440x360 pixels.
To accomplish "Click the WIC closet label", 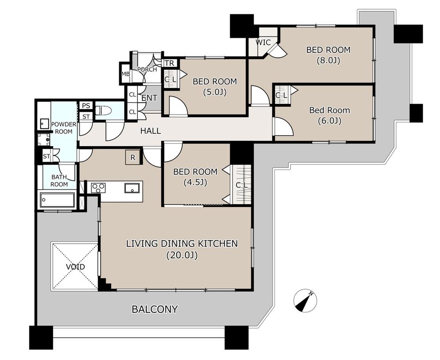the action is pyautogui.click(x=263, y=42).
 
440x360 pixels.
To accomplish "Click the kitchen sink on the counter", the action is pyautogui.click(x=132, y=188).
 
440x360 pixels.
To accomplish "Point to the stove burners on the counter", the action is pyautogui.click(x=98, y=188).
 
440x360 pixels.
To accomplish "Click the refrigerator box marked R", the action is pyautogui.click(x=133, y=158).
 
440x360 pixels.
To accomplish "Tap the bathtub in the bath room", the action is pyautogui.click(x=57, y=200).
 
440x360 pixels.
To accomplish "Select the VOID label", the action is pyautogui.click(x=75, y=266).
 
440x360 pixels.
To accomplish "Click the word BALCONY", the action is pyautogui.click(x=155, y=309).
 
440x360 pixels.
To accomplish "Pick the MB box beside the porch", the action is pyautogui.click(x=125, y=74).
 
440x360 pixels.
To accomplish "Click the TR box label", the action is pyautogui.click(x=170, y=63).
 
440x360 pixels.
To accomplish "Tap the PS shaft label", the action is pyautogui.click(x=86, y=106).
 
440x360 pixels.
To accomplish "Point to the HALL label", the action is pyautogui.click(x=150, y=131).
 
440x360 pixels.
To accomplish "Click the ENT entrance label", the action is pyautogui.click(x=149, y=98).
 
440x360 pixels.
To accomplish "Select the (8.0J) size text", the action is pyautogui.click(x=328, y=60).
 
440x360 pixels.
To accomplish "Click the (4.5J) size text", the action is pyautogui.click(x=195, y=183).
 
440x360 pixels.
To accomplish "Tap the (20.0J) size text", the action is pyautogui.click(x=182, y=255).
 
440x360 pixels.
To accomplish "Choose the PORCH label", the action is pyautogui.click(x=147, y=69).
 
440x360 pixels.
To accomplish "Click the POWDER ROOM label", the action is pyautogui.click(x=63, y=128).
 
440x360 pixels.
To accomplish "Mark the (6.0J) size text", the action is pyautogui.click(x=330, y=121).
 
